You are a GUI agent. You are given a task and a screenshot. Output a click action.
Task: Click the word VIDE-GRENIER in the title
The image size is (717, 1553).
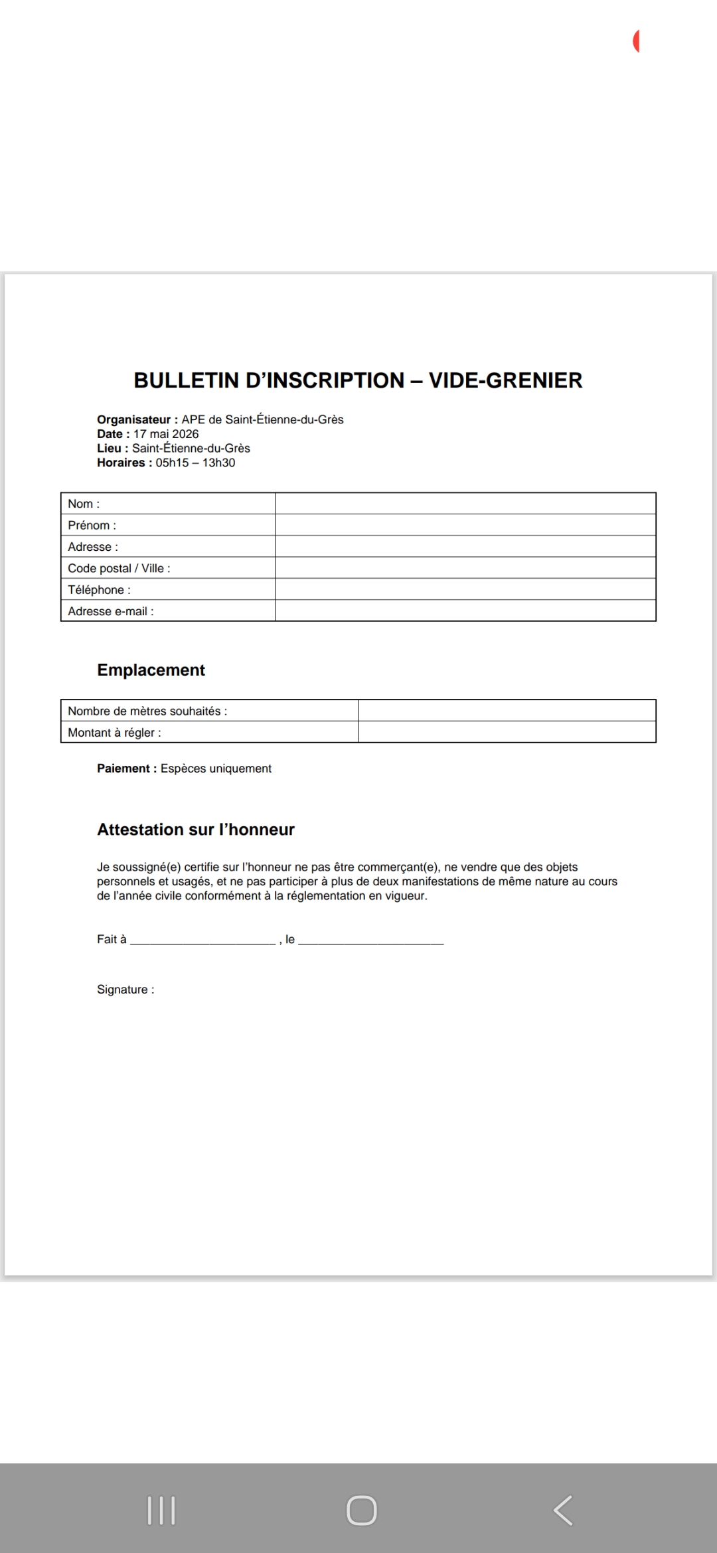coord(505,380)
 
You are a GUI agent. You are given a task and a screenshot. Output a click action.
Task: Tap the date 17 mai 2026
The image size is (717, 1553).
coord(166,434)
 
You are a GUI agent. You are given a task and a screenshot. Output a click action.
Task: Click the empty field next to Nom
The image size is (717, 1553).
coord(465,504)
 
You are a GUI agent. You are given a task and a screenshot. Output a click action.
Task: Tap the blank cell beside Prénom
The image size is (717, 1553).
coord(465,525)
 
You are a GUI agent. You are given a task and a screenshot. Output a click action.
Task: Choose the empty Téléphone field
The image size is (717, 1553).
coord(465,589)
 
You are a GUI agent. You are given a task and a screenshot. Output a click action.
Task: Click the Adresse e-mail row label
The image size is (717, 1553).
coord(111,611)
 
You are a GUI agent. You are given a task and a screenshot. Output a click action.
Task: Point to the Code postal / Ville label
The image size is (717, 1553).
coord(119,568)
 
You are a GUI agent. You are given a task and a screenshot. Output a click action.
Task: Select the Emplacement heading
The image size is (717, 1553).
coord(151,670)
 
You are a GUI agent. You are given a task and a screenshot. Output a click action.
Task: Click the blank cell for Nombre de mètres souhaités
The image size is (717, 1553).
coord(507,711)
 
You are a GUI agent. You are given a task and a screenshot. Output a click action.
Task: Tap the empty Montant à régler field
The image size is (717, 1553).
coord(507,732)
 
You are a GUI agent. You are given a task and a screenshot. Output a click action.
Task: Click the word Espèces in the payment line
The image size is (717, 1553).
coord(183,769)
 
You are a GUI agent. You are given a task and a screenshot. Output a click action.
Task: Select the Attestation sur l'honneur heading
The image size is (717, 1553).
coord(196,830)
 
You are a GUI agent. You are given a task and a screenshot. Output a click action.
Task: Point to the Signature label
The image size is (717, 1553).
coord(125,990)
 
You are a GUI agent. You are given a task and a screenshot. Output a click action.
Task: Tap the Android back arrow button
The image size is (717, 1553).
coord(563,1511)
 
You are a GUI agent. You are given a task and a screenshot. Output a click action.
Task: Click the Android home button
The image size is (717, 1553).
coord(362,1511)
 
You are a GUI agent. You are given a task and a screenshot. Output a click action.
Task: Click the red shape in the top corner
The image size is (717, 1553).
coord(636,41)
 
